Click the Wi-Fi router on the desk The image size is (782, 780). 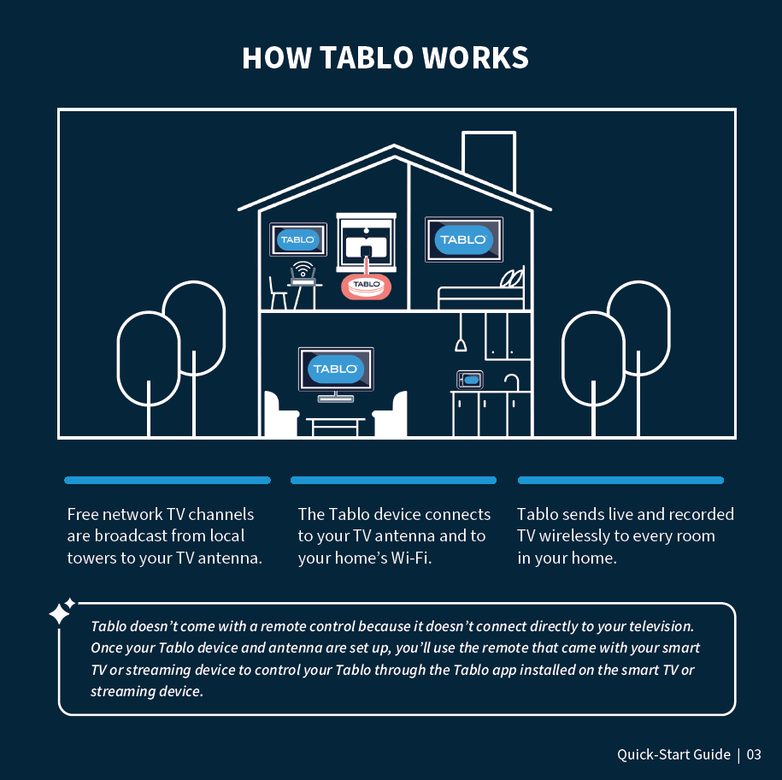pyautogui.click(x=303, y=275)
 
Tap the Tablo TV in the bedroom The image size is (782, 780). pyautogui.click(x=464, y=239)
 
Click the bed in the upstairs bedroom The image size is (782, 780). pyautogui.click(x=481, y=294)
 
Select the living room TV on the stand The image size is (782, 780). pyautogui.click(x=335, y=369)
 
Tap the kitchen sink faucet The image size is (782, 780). pyautogui.click(x=511, y=381)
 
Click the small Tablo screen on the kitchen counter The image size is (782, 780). pyautogui.click(x=469, y=378)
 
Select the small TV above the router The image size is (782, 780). pyautogui.click(x=298, y=240)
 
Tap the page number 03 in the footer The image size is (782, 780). pyautogui.click(x=753, y=754)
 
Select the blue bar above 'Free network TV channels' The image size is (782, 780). pyautogui.click(x=168, y=481)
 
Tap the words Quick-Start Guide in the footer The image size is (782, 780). pyautogui.click(x=673, y=754)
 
